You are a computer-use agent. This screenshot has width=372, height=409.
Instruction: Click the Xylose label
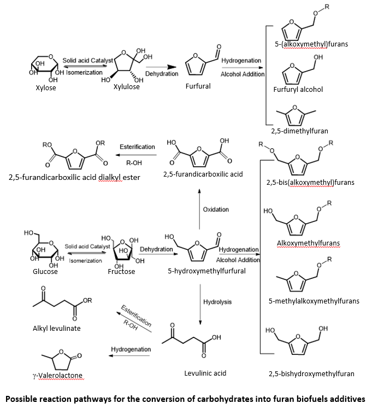(x=45, y=87)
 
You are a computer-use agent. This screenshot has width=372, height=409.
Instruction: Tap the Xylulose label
(x=126, y=87)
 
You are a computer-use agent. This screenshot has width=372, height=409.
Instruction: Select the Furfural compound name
(x=198, y=86)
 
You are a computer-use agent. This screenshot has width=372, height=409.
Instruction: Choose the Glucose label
(x=45, y=271)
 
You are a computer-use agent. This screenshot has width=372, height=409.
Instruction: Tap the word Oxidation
(x=216, y=209)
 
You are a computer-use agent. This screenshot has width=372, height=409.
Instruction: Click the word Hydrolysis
(x=217, y=302)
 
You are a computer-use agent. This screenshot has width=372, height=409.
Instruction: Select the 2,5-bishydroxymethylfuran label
(x=311, y=374)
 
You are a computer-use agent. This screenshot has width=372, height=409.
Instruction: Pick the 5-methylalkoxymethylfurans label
(x=314, y=301)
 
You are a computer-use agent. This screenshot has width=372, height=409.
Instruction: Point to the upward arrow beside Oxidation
(x=199, y=209)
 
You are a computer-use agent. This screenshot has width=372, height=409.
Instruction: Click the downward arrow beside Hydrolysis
(x=200, y=302)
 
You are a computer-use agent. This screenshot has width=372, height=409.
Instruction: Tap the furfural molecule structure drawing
(x=197, y=63)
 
